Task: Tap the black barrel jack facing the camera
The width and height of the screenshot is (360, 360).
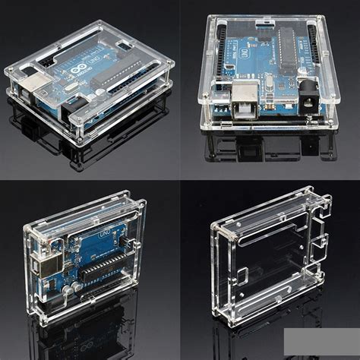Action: pyautogui.click(x=310, y=99)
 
